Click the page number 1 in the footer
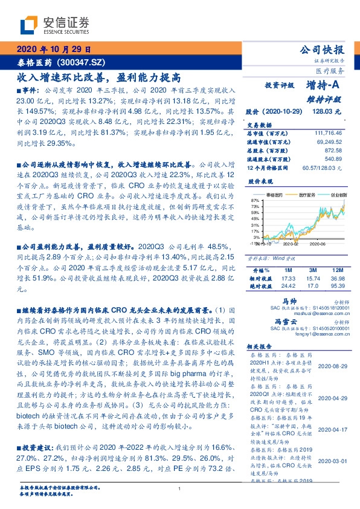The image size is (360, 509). click(x=180, y=488)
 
